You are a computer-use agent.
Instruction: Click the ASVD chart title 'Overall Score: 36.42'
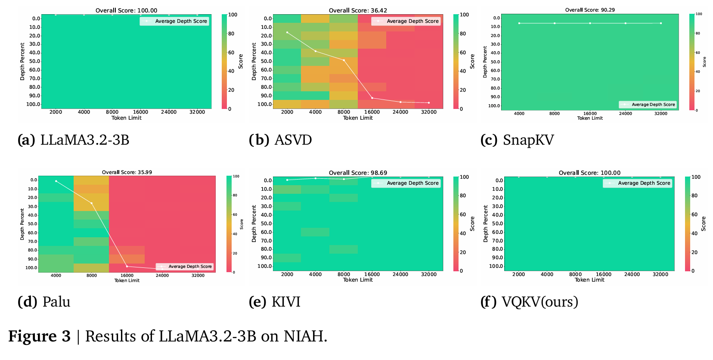point(358,10)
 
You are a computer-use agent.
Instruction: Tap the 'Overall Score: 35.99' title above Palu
point(127,172)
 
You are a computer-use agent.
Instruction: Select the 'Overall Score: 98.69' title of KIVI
point(358,173)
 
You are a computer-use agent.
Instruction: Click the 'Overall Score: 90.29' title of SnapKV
point(590,10)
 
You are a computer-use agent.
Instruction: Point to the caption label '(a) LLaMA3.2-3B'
point(73,140)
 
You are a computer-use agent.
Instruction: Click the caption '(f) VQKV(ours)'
point(529,302)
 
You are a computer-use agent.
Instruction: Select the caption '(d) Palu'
point(44,302)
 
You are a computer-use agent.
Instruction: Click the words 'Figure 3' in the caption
point(39,336)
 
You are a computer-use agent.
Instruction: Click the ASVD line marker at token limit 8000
point(344,60)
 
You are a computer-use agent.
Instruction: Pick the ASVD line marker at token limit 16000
point(372,98)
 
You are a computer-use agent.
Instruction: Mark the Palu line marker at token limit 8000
point(92,203)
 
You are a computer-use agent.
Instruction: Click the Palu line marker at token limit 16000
point(127,266)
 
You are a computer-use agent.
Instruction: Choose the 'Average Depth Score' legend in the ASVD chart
point(406,21)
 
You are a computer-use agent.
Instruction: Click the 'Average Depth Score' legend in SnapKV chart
point(648,105)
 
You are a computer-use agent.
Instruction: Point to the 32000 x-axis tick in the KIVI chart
point(428,274)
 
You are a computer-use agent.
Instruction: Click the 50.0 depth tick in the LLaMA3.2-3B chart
point(35,61)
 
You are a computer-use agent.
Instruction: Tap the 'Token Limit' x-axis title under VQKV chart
point(589,280)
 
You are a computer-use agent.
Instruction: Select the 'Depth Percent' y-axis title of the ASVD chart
point(254,61)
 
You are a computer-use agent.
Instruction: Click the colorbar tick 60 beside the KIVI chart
point(463,214)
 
